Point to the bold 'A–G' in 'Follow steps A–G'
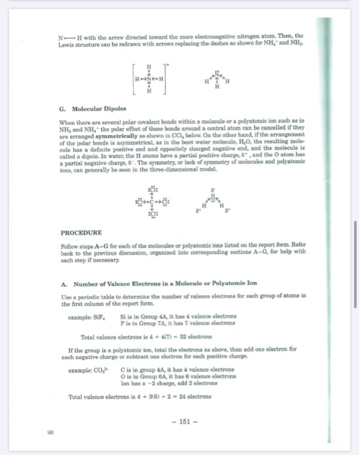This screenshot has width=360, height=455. pos(115,244)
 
